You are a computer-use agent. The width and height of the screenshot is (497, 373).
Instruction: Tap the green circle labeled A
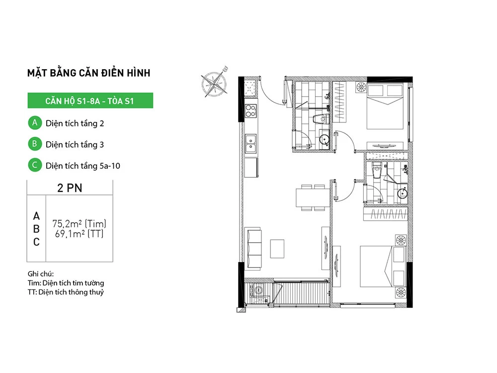tap(35, 123)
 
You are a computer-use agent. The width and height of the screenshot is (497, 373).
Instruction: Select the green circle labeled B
tap(35, 144)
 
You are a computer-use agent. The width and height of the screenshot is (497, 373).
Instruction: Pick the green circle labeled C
tap(35, 165)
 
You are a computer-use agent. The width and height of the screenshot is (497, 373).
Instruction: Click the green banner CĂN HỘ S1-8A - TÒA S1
tap(90, 100)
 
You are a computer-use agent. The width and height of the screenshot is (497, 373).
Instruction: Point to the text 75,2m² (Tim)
tap(79, 224)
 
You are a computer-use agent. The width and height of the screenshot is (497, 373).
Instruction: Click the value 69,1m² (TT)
tap(79, 234)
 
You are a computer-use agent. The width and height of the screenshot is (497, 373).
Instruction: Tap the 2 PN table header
tap(70, 188)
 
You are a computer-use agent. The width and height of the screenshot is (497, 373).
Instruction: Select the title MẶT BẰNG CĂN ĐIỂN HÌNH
tap(89, 73)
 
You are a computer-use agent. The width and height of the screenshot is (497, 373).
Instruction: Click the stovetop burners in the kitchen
tap(250, 111)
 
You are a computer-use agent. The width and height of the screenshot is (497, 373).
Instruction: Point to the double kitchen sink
tap(250, 144)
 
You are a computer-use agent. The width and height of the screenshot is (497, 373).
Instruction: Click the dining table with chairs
tap(313, 197)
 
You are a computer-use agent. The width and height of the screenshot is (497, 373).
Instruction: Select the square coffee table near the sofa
tap(277, 249)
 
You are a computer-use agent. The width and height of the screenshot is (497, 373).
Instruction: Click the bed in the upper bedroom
tap(385, 106)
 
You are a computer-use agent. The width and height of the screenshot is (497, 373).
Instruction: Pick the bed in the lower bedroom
tap(383, 266)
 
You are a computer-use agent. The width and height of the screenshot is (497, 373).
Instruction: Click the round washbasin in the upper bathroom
tap(324, 140)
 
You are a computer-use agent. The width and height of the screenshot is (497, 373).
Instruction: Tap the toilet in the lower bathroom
tap(377, 171)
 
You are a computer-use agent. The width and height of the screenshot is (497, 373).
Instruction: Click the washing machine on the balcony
tap(257, 289)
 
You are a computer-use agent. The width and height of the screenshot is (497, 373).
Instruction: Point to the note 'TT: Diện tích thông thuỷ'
tap(66, 292)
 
